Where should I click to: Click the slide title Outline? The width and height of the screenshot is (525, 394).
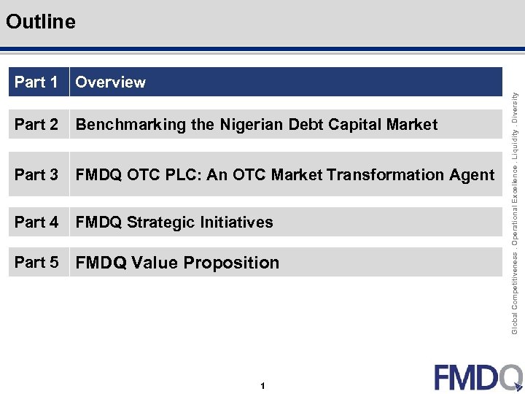[40, 22]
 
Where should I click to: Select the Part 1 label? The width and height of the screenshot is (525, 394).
[36, 82]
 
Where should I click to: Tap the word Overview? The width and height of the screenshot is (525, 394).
[110, 82]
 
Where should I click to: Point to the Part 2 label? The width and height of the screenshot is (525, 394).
[36, 125]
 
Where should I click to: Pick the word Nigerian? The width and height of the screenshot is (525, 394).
[249, 125]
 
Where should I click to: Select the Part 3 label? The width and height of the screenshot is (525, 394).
[36, 175]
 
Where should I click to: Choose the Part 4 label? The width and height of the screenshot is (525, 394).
[36, 223]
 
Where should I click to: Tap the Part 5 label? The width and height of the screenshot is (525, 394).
[36, 263]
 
